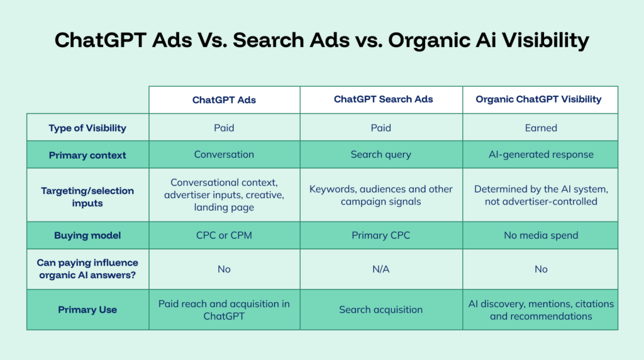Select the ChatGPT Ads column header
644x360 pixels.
click(224, 100)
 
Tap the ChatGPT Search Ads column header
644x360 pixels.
click(383, 99)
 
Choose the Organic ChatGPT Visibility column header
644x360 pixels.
click(538, 99)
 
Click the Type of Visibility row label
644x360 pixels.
click(87, 128)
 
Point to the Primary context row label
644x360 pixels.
click(87, 155)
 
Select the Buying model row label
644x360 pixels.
click(87, 235)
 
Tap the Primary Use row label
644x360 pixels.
click(87, 310)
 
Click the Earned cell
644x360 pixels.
click(541, 128)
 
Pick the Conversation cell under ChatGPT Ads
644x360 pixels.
click(224, 155)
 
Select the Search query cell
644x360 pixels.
click(380, 155)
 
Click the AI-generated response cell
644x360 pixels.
click(541, 155)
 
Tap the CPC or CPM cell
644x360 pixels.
click(224, 235)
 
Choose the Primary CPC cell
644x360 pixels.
click(380, 235)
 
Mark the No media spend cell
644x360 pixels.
click(541, 235)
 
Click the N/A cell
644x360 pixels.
click(380, 269)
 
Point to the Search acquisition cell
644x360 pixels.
click(380, 310)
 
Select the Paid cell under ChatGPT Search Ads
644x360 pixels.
click(380, 128)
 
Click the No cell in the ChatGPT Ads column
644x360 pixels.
click(224, 269)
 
